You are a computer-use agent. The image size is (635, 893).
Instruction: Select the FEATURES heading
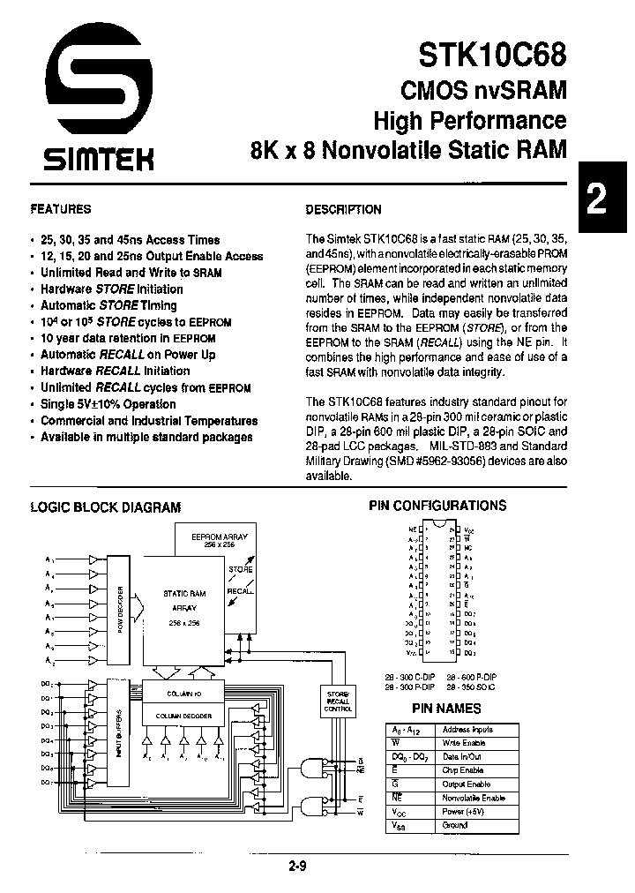tap(61, 210)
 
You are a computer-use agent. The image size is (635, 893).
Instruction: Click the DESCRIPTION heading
tap(343, 210)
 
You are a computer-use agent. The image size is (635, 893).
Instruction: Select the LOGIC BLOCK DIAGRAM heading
tap(106, 507)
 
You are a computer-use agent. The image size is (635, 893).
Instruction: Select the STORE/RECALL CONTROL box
tap(337, 701)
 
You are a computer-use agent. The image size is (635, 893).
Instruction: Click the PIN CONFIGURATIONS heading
tap(437, 506)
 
